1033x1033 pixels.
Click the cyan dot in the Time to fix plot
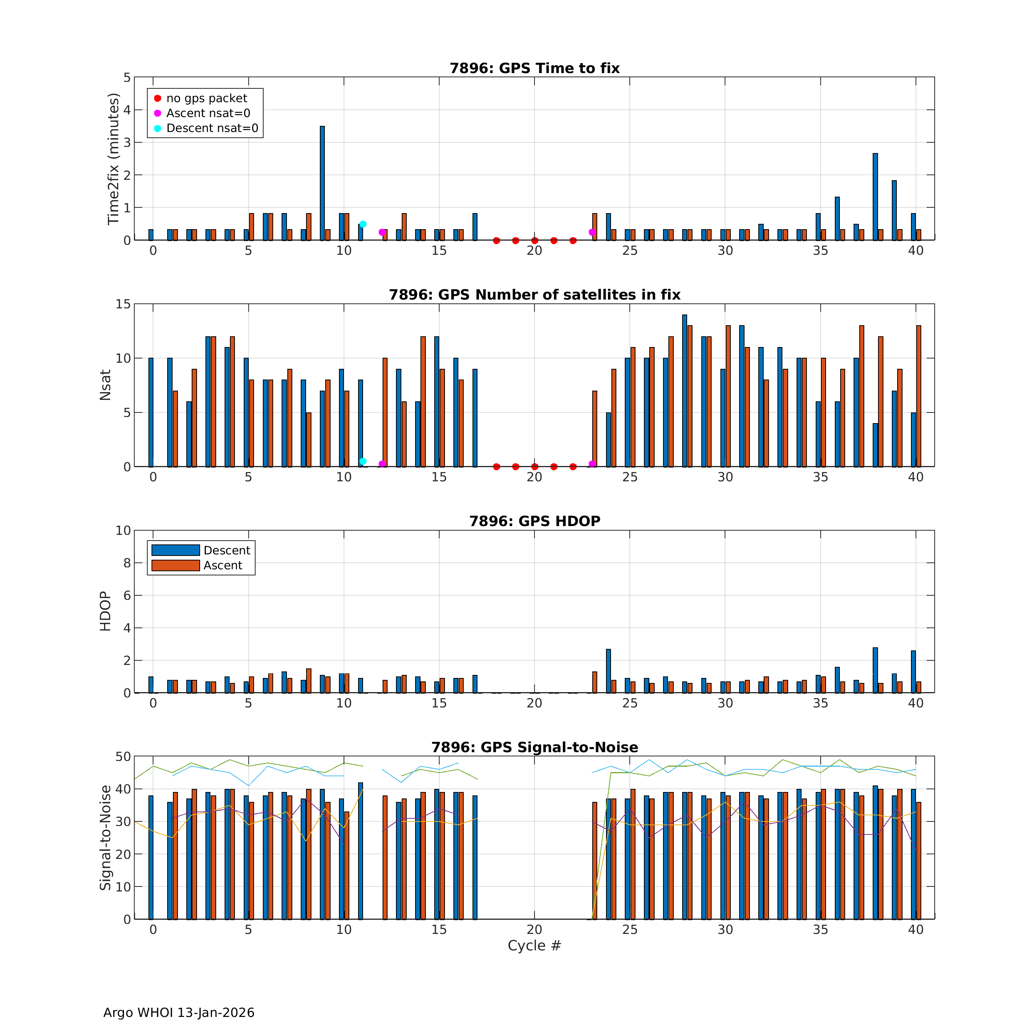pyautogui.click(x=363, y=224)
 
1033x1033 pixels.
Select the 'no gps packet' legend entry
pyautogui.click(x=206, y=98)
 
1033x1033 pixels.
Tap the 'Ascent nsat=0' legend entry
pyautogui.click(x=208, y=113)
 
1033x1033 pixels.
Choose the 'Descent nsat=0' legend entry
pyautogui.click(x=212, y=128)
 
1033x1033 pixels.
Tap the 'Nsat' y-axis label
pyautogui.click(x=105, y=385)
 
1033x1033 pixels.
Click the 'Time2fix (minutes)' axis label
pyautogui.click(x=113, y=159)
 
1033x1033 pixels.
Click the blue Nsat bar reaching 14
pyautogui.click(x=684, y=390)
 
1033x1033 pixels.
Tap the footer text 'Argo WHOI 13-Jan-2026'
pyautogui.click(x=179, y=1013)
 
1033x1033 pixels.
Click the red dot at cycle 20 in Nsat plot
pyautogui.click(x=535, y=467)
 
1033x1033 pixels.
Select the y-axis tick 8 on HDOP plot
pyautogui.click(x=127, y=563)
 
